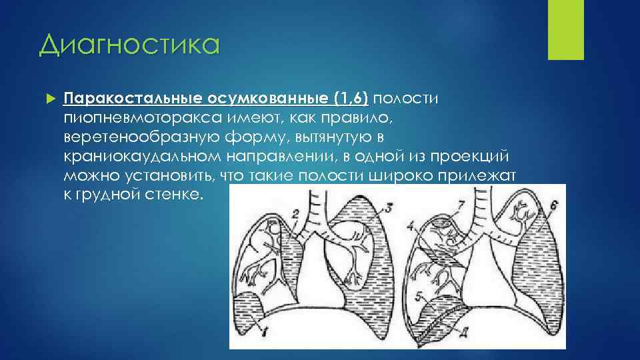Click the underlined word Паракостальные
click(133, 99)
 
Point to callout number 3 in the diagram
click(389, 206)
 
